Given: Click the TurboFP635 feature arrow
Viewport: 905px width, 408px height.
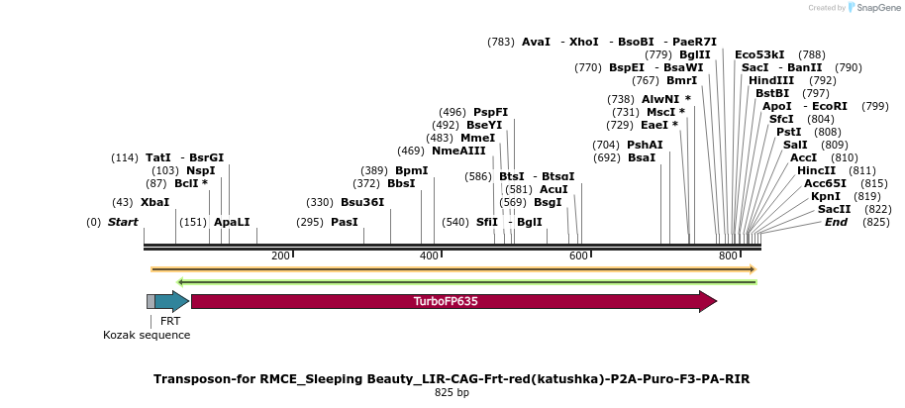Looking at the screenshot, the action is pyautogui.click(x=452, y=301).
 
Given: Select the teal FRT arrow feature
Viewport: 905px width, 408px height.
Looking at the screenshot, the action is pyautogui.click(x=170, y=301).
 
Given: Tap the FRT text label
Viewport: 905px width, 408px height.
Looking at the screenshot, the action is pyautogui.click(x=170, y=321).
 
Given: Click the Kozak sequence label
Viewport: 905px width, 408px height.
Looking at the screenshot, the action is pyautogui.click(x=147, y=335).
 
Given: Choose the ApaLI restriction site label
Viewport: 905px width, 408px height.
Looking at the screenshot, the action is pyautogui.click(x=232, y=222).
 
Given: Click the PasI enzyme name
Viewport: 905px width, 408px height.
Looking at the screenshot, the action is pyautogui.click(x=344, y=222).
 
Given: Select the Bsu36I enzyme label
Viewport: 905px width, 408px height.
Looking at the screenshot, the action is pyautogui.click(x=362, y=202).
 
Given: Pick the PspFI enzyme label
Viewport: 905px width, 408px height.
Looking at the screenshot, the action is pyautogui.click(x=490, y=112).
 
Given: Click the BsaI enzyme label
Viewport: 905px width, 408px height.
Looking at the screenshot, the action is pyautogui.click(x=642, y=157).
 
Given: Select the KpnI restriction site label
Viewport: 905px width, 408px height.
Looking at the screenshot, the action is pyautogui.click(x=826, y=196).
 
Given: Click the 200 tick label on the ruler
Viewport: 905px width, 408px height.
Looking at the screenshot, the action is pyautogui.click(x=280, y=256).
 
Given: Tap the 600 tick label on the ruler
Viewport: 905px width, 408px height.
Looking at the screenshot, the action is pyautogui.click(x=578, y=256).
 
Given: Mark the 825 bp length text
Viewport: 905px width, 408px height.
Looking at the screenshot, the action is pyautogui.click(x=452, y=393).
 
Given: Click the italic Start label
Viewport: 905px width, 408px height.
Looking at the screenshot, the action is pyautogui.click(x=123, y=222).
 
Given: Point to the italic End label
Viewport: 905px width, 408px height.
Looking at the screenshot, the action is pyautogui.click(x=836, y=222).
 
